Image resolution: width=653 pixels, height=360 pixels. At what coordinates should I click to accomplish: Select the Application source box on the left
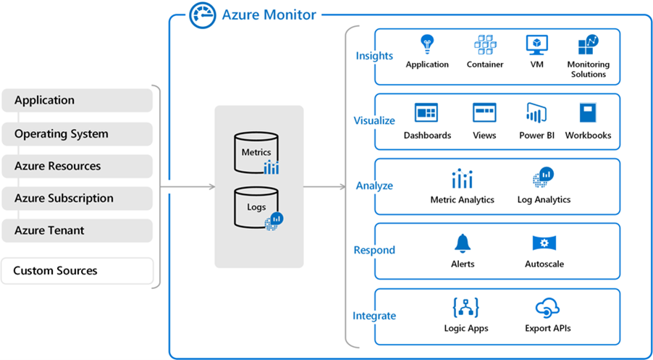(77, 101)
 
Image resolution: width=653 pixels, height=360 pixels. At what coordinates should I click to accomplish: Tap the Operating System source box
(77, 134)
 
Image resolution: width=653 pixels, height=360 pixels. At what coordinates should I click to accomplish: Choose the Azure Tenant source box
(77, 230)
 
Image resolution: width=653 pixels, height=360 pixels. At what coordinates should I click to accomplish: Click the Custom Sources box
(77, 271)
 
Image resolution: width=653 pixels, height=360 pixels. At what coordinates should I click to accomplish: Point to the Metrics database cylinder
(256, 151)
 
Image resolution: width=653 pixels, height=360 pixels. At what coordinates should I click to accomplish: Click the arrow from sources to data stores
(188, 187)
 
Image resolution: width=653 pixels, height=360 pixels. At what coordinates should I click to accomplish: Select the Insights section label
(374, 56)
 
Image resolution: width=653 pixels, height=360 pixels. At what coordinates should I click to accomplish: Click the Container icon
(485, 45)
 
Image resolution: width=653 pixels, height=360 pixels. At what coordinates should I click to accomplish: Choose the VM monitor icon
(536, 45)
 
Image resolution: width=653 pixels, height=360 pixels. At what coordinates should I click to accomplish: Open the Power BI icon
(536, 113)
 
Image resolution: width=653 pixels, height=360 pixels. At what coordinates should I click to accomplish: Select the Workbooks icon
(588, 113)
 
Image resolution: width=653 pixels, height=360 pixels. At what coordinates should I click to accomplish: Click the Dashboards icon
(426, 113)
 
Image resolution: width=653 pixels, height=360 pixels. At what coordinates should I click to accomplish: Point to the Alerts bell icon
(462, 243)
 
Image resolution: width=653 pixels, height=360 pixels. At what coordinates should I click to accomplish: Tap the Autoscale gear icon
(544, 243)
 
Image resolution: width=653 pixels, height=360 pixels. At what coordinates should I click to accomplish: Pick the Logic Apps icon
(466, 307)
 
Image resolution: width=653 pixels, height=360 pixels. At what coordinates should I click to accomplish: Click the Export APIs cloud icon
(547, 307)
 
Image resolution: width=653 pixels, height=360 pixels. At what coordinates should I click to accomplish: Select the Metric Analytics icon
(462, 179)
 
